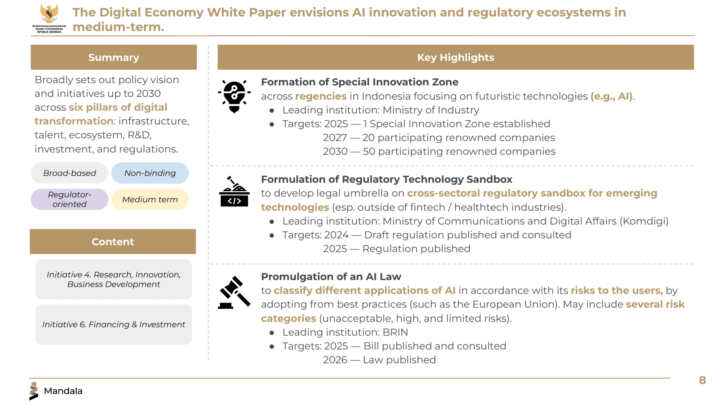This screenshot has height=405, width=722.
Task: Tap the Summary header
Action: pyautogui.click(x=114, y=57)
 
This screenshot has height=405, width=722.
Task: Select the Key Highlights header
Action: pyautogui.click(x=456, y=57)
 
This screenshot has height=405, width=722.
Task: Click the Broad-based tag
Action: pyautogui.click(x=69, y=173)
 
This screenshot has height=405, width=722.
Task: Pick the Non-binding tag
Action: pyautogui.click(x=150, y=173)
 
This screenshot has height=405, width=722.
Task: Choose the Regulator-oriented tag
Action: pyautogui.click(x=69, y=199)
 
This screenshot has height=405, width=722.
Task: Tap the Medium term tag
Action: pyautogui.click(x=150, y=199)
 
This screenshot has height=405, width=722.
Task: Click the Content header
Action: pyautogui.click(x=113, y=241)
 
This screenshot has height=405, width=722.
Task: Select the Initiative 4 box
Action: pyautogui.click(x=114, y=279)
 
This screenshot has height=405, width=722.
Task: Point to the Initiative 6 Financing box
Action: pyautogui.click(x=114, y=325)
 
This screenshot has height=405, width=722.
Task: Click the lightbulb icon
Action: pyautogui.click(x=234, y=97)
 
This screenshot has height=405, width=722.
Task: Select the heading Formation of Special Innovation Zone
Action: pyautogui.click(x=360, y=82)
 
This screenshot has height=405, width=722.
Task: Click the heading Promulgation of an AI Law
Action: pyautogui.click(x=331, y=277)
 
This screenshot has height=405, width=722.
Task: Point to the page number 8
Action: pyautogui.click(x=702, y=380)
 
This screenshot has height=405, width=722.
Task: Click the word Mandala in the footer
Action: pyautogui.click(x=63, y=391)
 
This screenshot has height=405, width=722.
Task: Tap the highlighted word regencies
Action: pyautogui.click(x=321, y=96)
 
